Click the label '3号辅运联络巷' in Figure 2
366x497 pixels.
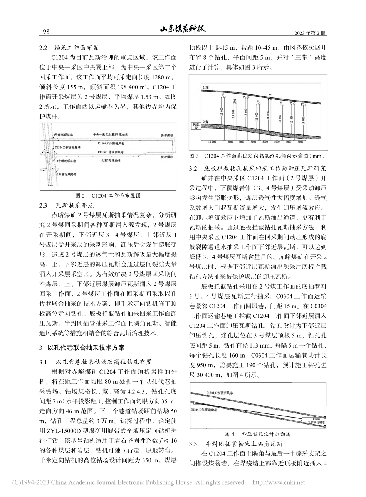(x=65, y=135)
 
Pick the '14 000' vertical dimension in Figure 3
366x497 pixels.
(x=268, y=114)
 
